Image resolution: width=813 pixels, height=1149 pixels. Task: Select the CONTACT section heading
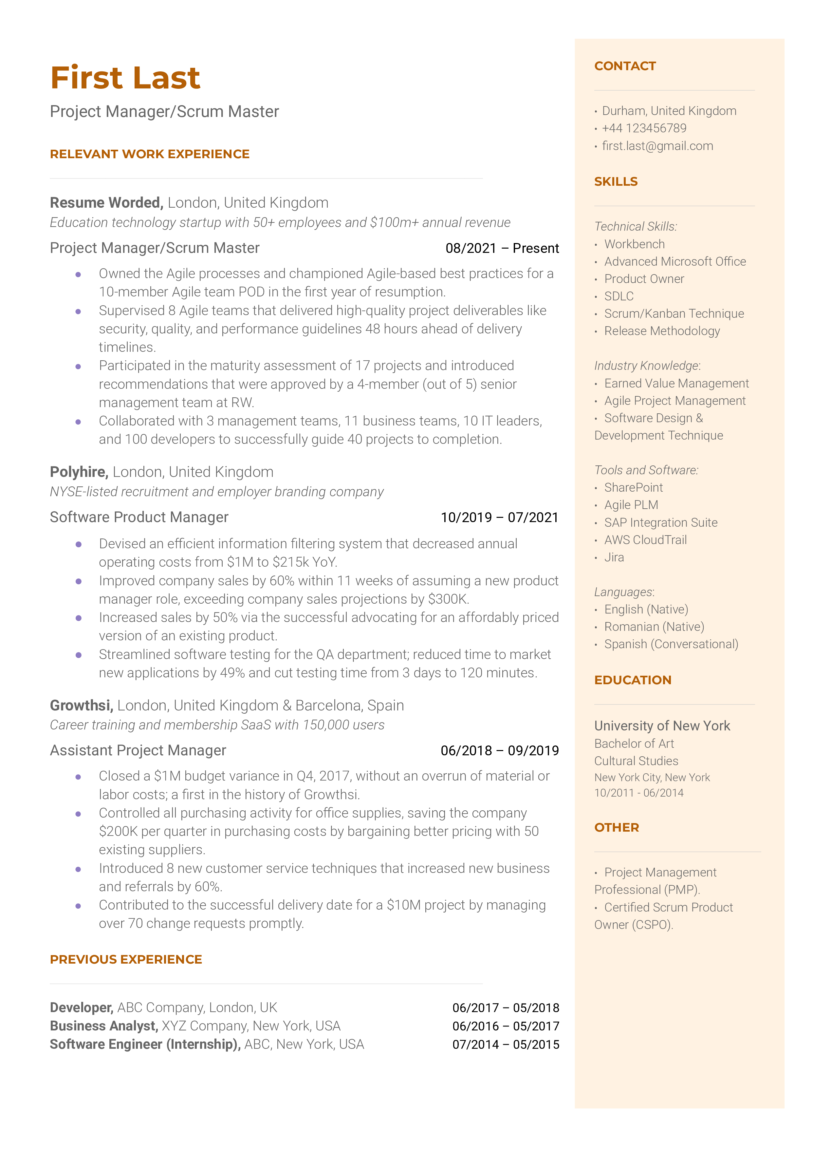tap(625, 66)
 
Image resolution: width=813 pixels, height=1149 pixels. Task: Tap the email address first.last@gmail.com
tap(657, 146)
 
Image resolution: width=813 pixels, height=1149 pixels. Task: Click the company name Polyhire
tap(79, 472)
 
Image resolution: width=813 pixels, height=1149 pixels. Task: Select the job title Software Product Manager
tap(139, 517)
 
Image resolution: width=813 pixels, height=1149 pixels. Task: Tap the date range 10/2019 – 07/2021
tap(499, 518)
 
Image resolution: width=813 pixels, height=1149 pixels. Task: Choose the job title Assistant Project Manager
tap(138, 750)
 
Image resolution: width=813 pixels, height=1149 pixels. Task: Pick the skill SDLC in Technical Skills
tap(619, 296)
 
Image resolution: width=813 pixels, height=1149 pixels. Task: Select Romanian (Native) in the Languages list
tap(654, 627)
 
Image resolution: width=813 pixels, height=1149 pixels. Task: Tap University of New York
tap(662, 726)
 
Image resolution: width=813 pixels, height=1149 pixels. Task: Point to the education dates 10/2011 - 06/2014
tap(639, 793)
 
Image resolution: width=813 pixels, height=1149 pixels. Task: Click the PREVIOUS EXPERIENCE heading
tap(126, 960)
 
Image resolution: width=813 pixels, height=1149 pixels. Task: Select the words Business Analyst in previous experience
tap(103, 1027)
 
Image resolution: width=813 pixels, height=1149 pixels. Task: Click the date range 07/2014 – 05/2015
tap(506, 1045)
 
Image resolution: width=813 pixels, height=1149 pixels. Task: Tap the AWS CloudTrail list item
tap(645, 540)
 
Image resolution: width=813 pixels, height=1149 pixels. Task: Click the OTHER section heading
tap(616, 828)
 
